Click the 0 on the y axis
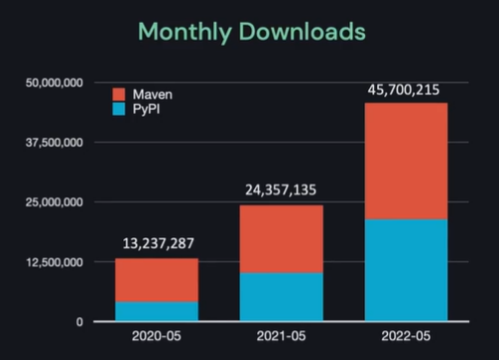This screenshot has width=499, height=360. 81,321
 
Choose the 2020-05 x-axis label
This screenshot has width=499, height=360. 157,337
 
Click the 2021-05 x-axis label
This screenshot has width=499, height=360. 282,337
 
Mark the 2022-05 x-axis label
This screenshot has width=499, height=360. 406,337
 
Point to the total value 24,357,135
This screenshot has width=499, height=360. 282,190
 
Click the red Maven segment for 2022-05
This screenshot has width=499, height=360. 406,161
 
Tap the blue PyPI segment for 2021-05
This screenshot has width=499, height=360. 282,297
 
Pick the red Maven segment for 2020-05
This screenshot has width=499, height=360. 157,280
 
